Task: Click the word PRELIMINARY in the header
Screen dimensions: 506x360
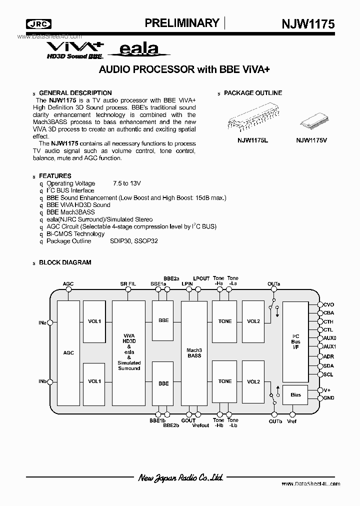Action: (181, 23)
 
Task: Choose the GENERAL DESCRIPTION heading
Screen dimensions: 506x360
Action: (75, 93)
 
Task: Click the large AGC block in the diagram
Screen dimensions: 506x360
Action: (68, 352)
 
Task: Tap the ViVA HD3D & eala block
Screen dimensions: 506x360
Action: (129, 352)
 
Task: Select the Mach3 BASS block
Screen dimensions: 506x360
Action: (194, 352)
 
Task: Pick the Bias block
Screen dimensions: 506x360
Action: (295, 394)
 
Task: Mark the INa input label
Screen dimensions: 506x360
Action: (42, 323)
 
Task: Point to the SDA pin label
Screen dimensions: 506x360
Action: (328, 366)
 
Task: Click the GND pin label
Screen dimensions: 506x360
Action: (328, 398)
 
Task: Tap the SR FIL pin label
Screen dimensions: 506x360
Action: (128, 284)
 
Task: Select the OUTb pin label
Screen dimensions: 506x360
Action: (275, 421)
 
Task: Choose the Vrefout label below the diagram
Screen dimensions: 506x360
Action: (200, 425)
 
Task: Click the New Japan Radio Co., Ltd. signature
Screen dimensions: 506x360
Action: (180, 478)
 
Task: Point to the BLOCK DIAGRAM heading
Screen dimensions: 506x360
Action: (65, 262)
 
